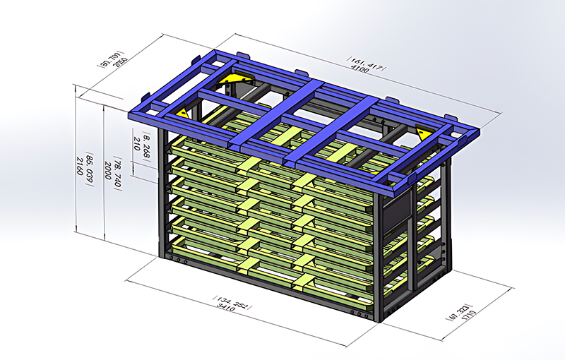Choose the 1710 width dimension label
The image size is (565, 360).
466,311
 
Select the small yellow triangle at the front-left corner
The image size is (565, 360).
182,112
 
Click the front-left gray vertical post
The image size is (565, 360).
162,191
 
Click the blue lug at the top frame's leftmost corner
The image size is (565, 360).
146,98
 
